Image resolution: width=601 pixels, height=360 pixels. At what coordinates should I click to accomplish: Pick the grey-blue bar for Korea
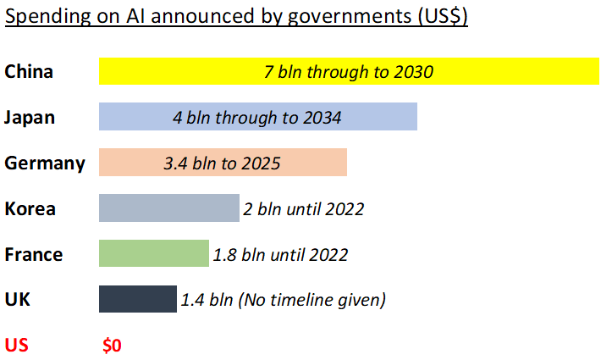tap(169, 208)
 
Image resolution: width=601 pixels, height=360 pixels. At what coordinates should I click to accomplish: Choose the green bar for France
tap(153, 254)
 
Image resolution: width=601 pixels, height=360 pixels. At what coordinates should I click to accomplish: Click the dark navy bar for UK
tap(137, 300)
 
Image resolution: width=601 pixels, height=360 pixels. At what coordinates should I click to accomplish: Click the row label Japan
tap(30, 117)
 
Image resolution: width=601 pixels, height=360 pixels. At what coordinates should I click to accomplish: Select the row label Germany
tap(45, 163)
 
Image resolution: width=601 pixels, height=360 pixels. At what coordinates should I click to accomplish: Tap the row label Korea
tap(30, 208)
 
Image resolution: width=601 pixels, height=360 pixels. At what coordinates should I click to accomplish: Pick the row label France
tap(33, 254)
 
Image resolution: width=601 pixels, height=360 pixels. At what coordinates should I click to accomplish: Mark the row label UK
tap(17, 300)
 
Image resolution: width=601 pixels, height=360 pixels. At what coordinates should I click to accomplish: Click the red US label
tap(17, 346)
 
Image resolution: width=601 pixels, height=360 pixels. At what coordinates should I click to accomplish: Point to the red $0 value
tap(113, 346)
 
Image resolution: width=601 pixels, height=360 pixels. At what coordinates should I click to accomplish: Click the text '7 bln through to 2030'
tap(349, 71)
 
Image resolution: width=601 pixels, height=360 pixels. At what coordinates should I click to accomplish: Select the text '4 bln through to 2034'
tap(256, 117)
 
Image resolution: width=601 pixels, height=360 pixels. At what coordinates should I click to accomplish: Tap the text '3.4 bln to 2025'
tap(222, 163)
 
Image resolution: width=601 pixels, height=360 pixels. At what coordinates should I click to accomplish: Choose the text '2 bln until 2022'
tap(304, 208)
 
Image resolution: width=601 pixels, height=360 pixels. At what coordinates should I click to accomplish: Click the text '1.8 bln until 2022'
tap(279, 254)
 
